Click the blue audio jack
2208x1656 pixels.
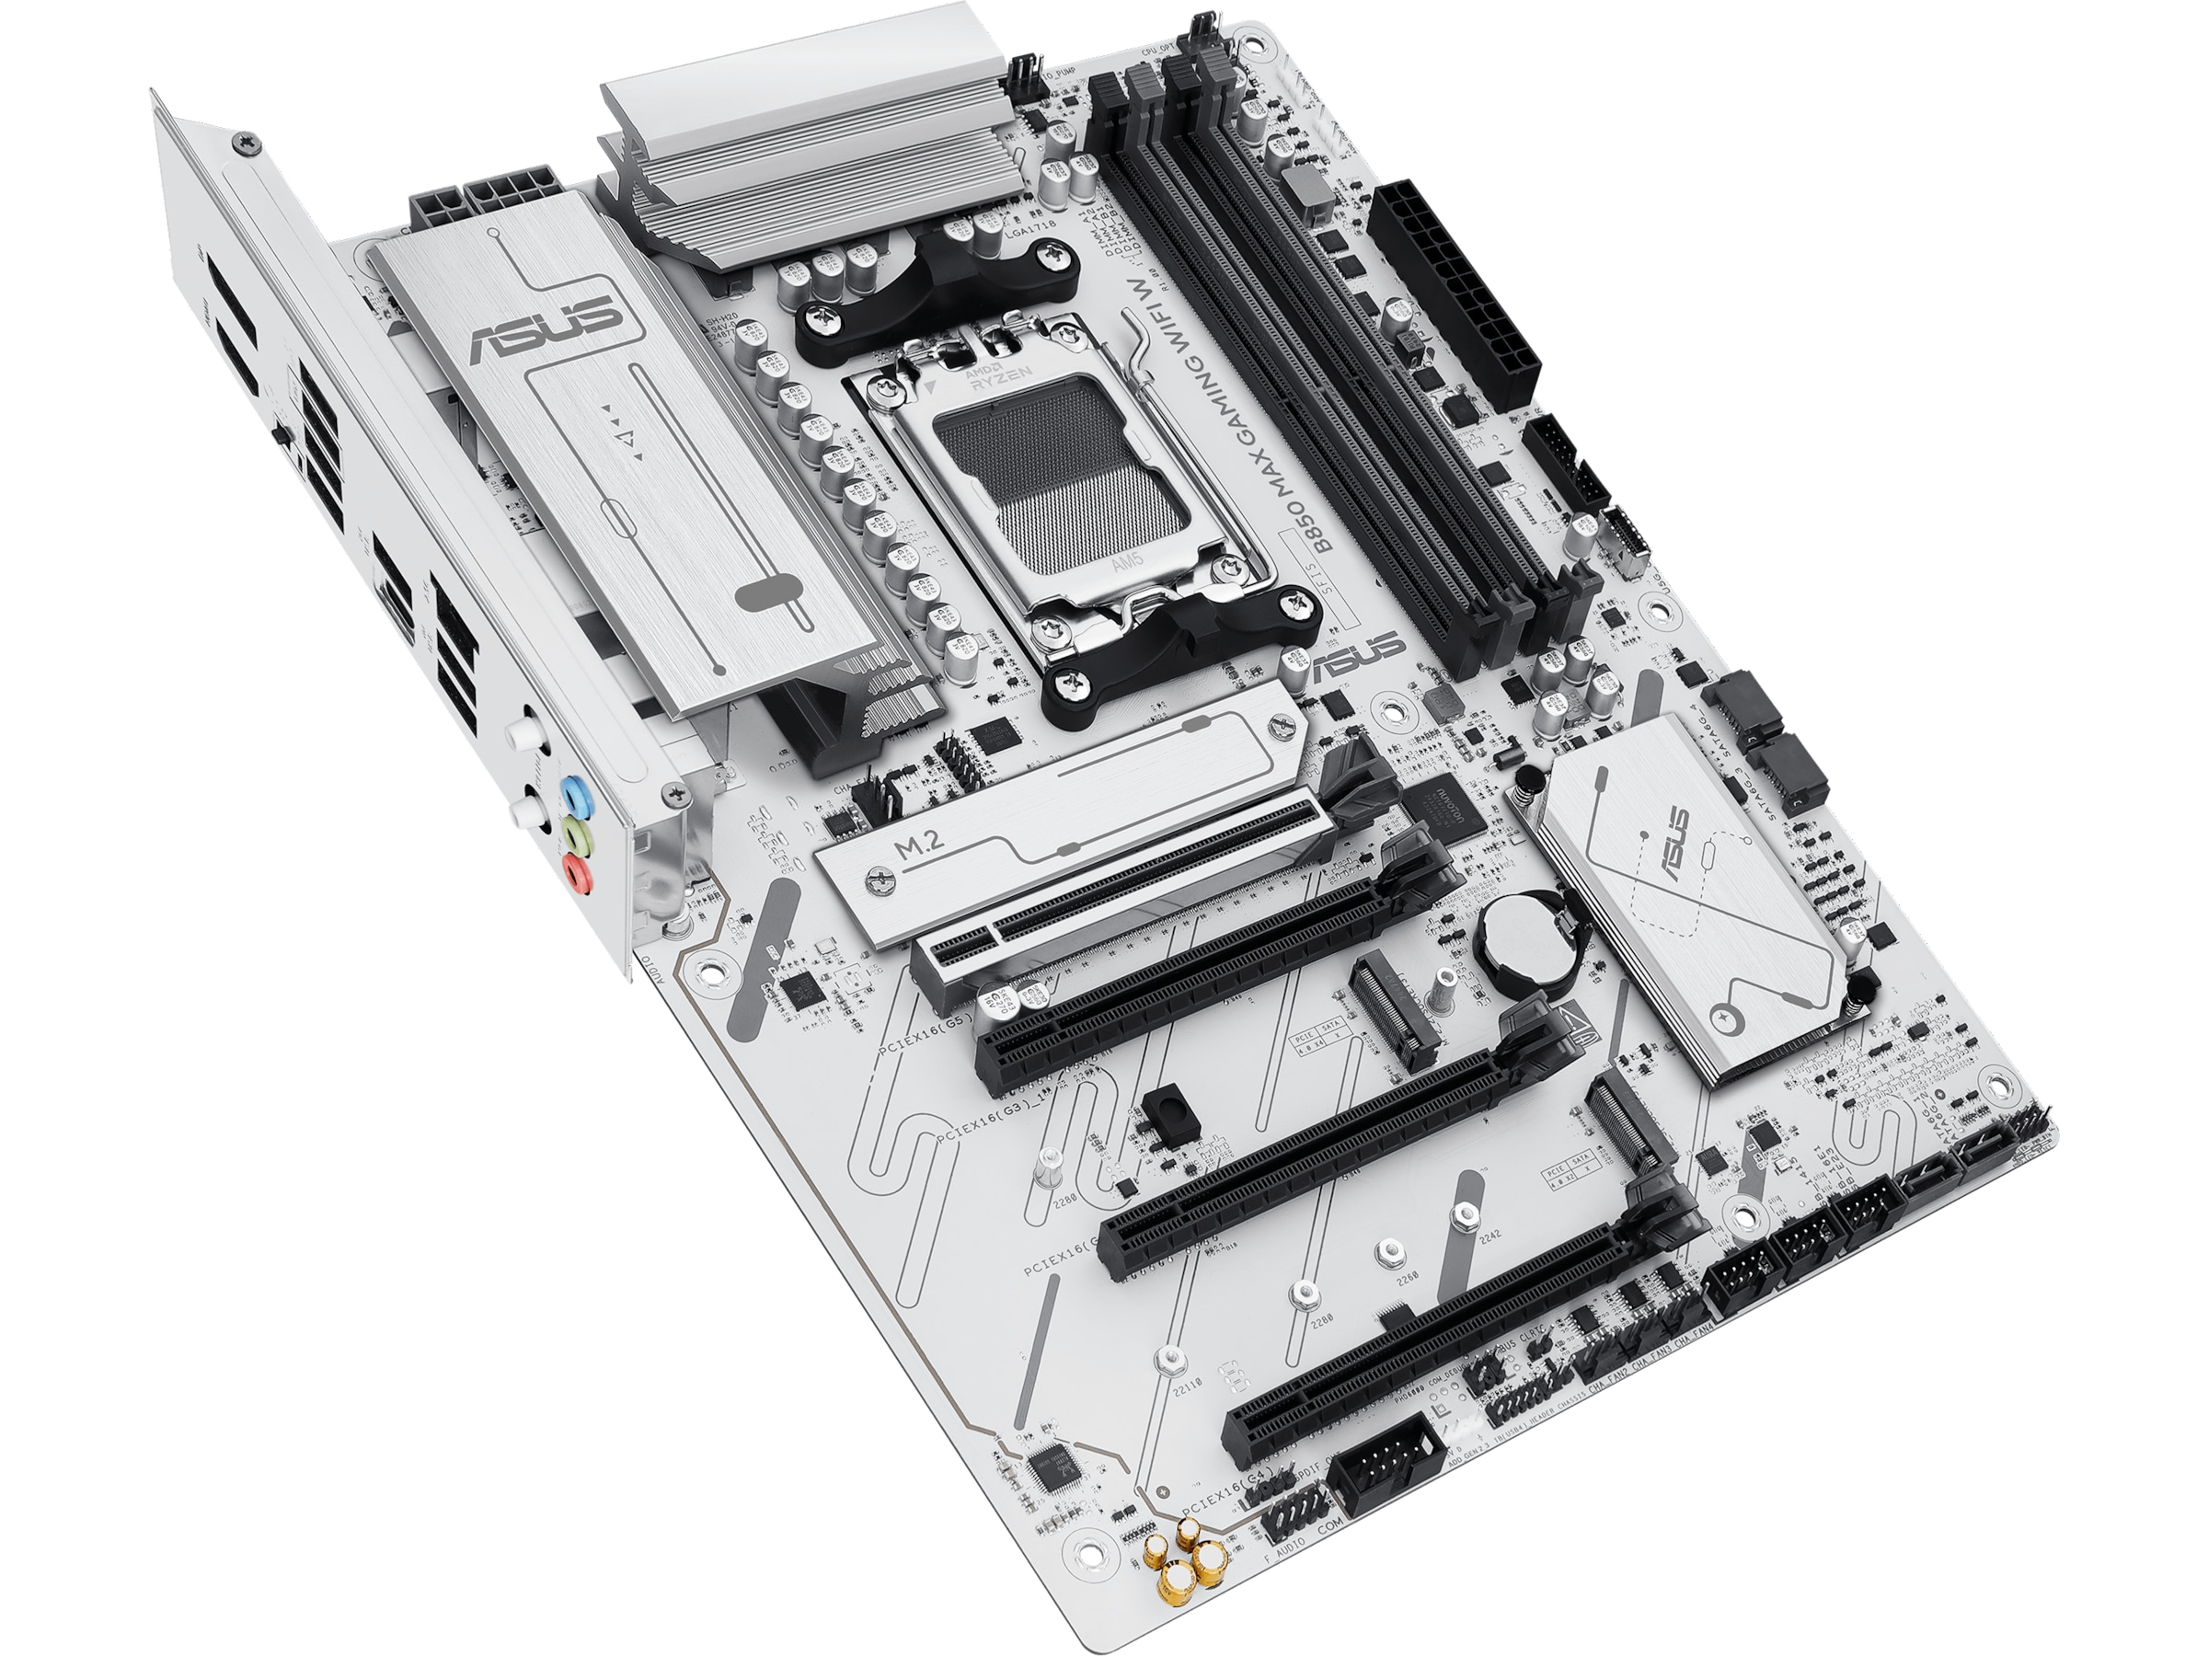coord(573,798)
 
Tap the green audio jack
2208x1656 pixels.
coord(573,835)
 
